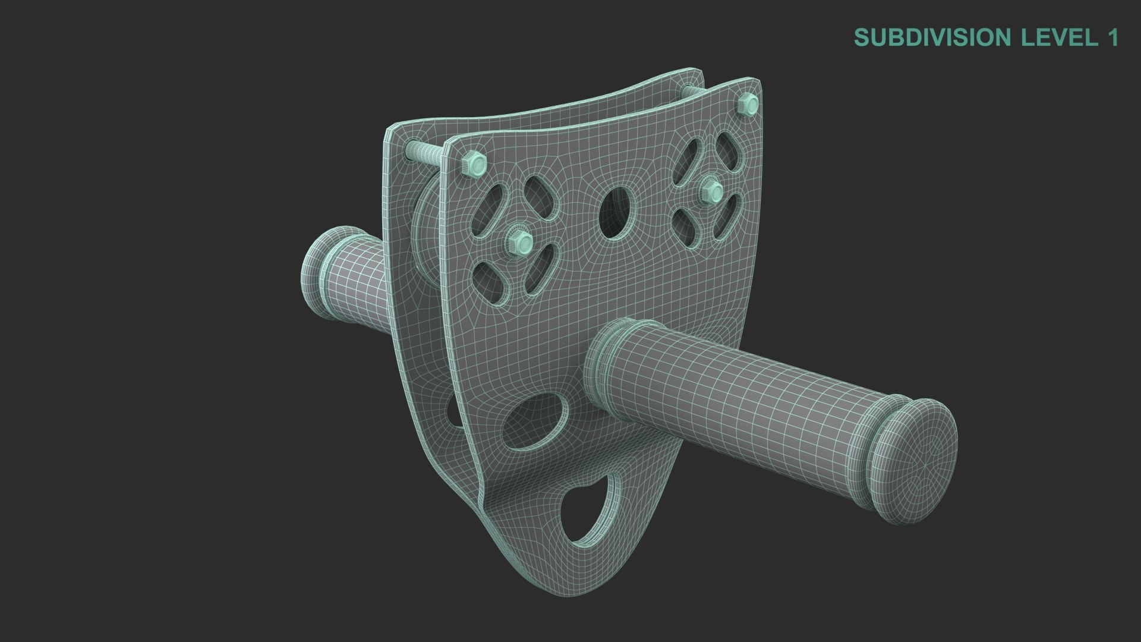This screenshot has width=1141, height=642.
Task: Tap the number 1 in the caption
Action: click(x=1111, y=37)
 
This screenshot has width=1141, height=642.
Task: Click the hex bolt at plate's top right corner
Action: click(x=749, y=105)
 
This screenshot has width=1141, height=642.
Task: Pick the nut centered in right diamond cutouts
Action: click(x=711, y=191)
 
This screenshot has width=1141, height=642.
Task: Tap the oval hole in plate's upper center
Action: click(x=615, y=213)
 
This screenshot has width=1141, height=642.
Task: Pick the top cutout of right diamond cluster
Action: click(x=726, y=149)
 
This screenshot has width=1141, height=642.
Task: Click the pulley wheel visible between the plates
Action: click(x=425, y=238)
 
